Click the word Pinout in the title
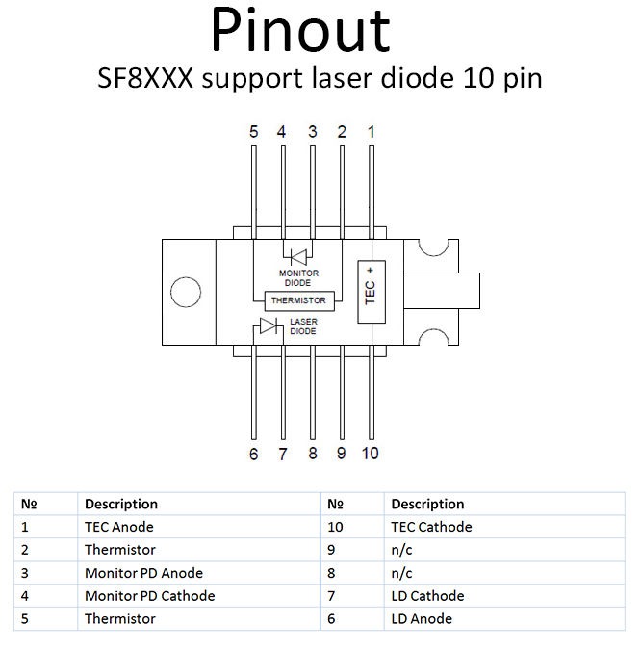pos(300,30)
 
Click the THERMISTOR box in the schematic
pos(299,300)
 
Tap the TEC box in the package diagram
pos(372,292)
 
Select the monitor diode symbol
pos(298,257)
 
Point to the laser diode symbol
pos(269,325)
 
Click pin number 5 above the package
pos(253,132)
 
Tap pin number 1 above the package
pos(372,132)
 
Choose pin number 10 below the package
pos(370,454)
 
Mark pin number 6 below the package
pos(253,454)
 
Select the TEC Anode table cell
pos(119,527)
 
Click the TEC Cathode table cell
pos(431,527)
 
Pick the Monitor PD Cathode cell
pos(149,596)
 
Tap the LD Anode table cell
pos(422,619)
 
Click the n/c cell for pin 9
pos(401,550)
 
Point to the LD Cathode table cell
pos(427,596)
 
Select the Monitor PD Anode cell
pos(143,573)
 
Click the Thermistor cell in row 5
pos(120,619)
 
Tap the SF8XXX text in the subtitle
pos(145,78)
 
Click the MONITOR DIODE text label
pos(298,277)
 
